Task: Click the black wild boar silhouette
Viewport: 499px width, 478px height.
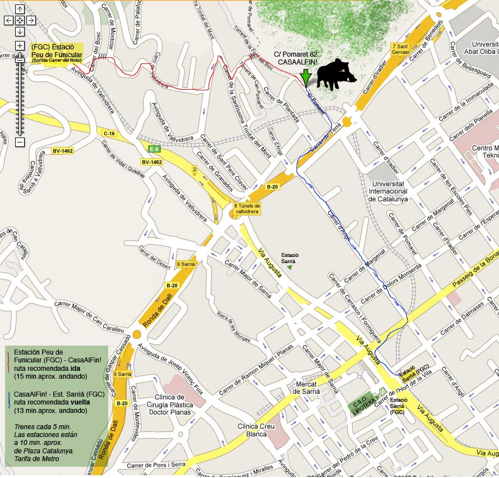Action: coord(335,74)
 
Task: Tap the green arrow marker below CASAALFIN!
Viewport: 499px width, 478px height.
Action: coord(305,77)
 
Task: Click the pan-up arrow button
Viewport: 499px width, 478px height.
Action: coord(20,9)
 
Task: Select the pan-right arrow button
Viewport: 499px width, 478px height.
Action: coord(31,20)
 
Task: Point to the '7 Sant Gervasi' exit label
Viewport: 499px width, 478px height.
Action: coord(400,49)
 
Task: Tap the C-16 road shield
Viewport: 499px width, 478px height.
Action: coord(109,133)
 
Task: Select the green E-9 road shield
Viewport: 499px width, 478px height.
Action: coord(154,149)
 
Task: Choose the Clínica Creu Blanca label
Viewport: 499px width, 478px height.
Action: coord(256,430)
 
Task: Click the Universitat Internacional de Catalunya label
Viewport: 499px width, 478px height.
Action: coord(388,191)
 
